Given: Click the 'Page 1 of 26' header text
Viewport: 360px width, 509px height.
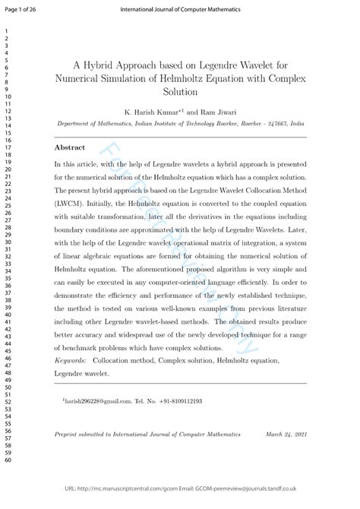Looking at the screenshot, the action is tap(24, 8).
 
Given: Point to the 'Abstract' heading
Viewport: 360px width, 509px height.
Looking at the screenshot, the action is tap(71, 147).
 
